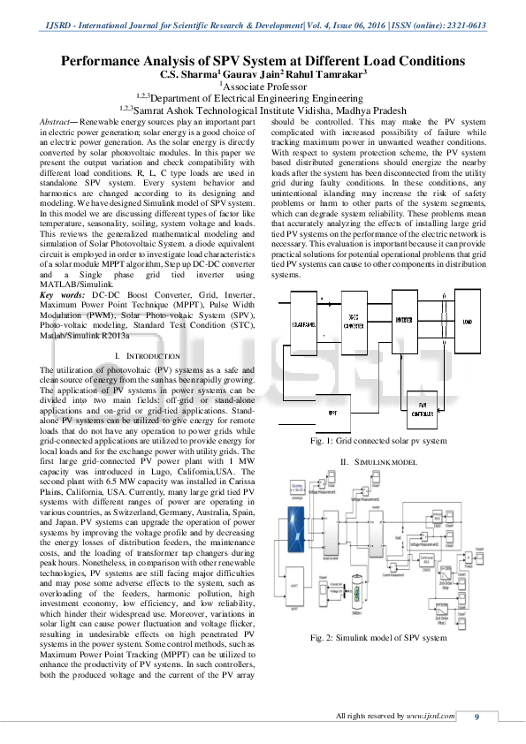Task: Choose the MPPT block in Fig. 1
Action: [332, 412]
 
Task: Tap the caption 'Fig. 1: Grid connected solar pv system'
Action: [378, 440]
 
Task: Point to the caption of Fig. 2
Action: [378, 637]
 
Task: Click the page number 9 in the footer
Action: [476, 716]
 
